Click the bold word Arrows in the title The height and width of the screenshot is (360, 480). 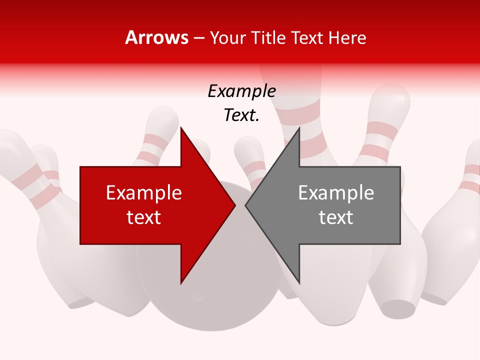pos(157,37)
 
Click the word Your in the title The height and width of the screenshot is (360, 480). pos(228,38)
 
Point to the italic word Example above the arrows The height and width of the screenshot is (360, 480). pos(241,91)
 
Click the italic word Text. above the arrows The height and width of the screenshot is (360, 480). pos(241,115)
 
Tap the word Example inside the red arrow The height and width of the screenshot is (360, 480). pos(144,192)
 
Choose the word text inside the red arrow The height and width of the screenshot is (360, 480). pos(144,217)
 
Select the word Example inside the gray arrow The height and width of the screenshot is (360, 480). pos(336,192)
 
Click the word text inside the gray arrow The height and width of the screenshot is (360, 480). pos(336,217)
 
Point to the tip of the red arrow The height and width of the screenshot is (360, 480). pos(235,205)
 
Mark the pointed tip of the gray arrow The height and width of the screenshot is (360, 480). pos(245,205)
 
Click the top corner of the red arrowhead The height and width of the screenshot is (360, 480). pos(181,127)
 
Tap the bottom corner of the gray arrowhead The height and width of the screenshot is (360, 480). pos(299,282)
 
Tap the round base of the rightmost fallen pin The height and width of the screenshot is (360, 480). pos(399,308)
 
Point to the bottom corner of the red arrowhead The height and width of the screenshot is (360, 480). pos(181,283)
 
